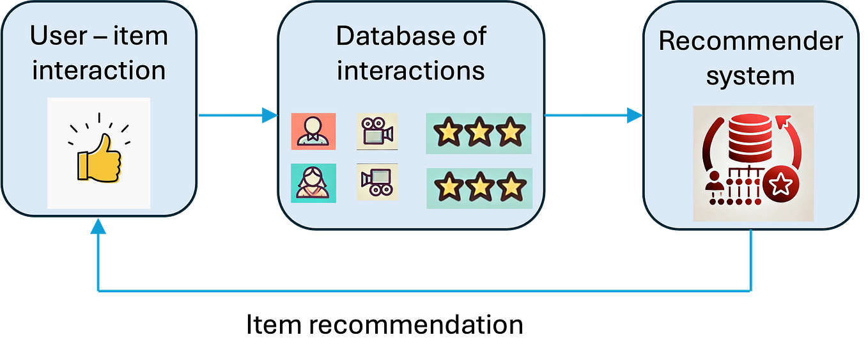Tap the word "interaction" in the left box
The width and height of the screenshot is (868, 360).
(x=99, y=70)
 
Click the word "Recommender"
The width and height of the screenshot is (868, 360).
(x=751, y=42)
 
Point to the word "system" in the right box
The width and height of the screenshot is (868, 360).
(x=751, y=76)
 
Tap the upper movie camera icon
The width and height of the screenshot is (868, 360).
(x=377, y=132)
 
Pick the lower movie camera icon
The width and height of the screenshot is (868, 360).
(x=377, y=182)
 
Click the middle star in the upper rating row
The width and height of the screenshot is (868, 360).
(x=479, y=134)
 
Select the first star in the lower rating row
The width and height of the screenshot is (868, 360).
(x=448, y=189)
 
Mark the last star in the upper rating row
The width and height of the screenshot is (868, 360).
(x=510, y=134)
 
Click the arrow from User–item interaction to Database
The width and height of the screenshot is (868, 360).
(x=236, y=116)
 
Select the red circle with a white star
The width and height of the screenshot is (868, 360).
(x=779, y=186)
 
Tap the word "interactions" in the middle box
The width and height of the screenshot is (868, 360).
(x=410, y=70)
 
